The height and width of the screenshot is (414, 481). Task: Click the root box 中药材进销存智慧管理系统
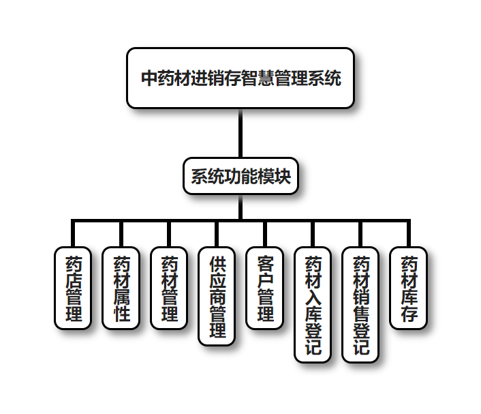240,78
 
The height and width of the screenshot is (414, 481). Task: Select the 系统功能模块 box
240,177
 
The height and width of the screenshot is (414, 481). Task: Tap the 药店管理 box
73,288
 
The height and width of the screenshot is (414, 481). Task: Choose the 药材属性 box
121,288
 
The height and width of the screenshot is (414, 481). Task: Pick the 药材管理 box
168,288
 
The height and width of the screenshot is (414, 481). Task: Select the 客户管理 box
264,288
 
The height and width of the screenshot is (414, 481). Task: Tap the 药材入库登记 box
313,304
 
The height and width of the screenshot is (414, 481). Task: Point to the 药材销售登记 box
360,304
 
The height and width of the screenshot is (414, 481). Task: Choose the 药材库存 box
409,288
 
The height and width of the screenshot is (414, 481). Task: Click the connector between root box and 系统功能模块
240,133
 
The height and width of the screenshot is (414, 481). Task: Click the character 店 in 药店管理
73,280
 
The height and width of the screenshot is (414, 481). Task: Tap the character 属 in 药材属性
121,297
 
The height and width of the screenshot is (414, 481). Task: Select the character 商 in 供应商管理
217,297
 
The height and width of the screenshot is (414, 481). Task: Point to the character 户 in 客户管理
264,280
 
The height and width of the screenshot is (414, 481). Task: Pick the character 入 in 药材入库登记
313,297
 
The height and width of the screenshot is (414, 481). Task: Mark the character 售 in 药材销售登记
360,313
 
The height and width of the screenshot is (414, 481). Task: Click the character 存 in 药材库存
409,314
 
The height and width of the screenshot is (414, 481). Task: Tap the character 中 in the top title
149,78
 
